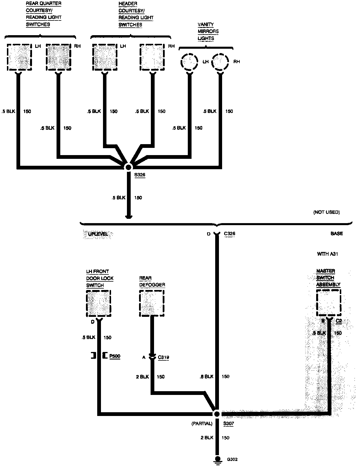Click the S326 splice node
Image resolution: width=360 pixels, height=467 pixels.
tap(128, 167)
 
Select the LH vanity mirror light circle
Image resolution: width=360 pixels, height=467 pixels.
tap(189, 61)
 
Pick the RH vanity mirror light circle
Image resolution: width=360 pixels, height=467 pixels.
tap(220, 61)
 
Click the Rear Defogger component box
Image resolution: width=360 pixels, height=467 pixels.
tap(152, 303)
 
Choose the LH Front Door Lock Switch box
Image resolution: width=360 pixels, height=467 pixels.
tap(98, 303)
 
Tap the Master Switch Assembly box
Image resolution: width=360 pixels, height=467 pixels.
tap(328, 303)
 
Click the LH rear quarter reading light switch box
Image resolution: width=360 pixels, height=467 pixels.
tap(19, 57)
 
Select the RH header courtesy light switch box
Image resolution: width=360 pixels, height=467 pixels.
tap(152, 57)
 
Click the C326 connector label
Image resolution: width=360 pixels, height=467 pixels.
tap(229, 233)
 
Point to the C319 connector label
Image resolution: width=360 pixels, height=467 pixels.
tap(163, 357)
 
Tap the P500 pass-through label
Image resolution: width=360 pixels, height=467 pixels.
tap(115, 356)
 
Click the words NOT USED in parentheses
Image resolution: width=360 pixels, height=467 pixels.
tap(326, 212)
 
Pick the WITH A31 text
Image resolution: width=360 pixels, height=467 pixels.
tap(327, 254)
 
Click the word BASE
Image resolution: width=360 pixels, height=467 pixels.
tap(337, 233)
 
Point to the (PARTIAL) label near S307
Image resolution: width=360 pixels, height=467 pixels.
tap(202, 423)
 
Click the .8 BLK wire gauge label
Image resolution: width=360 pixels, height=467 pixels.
tap(206, 376)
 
